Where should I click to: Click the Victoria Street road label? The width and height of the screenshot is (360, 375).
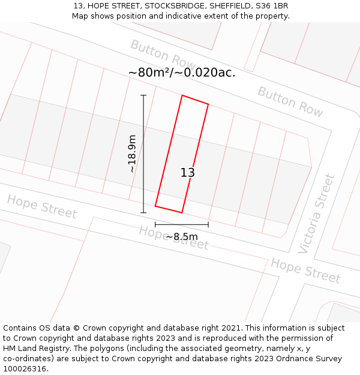[317, 214]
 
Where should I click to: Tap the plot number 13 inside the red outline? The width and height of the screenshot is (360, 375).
[188, 173]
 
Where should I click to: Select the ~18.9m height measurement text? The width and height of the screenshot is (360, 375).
[132, 154]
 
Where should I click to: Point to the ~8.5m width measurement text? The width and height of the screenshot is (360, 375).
[181, 237]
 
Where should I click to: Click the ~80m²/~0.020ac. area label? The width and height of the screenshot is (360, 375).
[182, 73]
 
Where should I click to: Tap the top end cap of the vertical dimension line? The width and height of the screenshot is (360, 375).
[143, 95]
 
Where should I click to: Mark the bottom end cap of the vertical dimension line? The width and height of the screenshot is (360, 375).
[143, 212]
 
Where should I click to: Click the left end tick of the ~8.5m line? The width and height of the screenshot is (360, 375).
[155, 225]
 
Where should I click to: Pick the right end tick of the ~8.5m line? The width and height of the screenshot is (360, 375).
[208, 225]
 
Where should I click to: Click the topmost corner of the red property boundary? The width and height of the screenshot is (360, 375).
[182, 95]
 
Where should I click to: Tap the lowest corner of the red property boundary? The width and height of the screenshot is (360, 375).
[182, 212]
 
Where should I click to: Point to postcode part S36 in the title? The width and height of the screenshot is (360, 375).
[262, 6]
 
